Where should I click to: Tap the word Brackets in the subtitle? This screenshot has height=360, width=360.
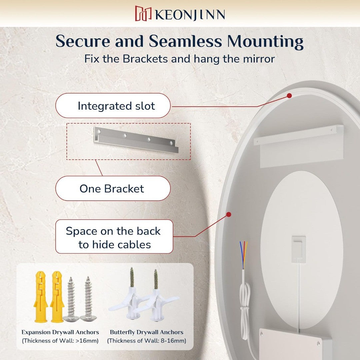coord(145,59)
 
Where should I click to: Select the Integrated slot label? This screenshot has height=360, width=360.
coord(113,106)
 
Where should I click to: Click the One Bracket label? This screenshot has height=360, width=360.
coord(113,188)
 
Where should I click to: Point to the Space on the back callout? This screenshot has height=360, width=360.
coord(114,237)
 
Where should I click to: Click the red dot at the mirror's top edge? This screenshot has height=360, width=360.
coord(289,96)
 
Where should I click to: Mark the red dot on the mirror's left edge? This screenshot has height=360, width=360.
coord(228,214)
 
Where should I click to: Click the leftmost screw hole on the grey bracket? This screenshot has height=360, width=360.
coord(99,132)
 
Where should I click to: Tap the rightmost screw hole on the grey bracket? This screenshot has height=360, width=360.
coord(171,143)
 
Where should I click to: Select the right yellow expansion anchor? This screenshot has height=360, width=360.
coord(56,296)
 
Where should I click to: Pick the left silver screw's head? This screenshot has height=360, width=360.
coord(71,318)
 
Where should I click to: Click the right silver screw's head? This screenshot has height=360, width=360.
coord(88,318)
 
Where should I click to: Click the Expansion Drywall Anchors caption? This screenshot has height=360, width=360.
coord(60,332)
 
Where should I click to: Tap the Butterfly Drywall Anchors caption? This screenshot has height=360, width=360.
coord(146,332)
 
